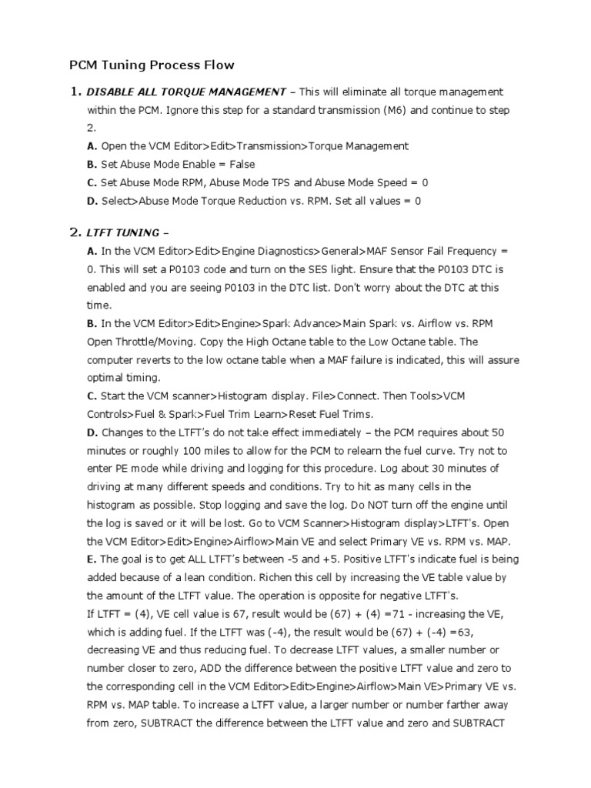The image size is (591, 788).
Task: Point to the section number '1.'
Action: click(75, 92)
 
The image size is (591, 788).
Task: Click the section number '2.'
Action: click(75, 232)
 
